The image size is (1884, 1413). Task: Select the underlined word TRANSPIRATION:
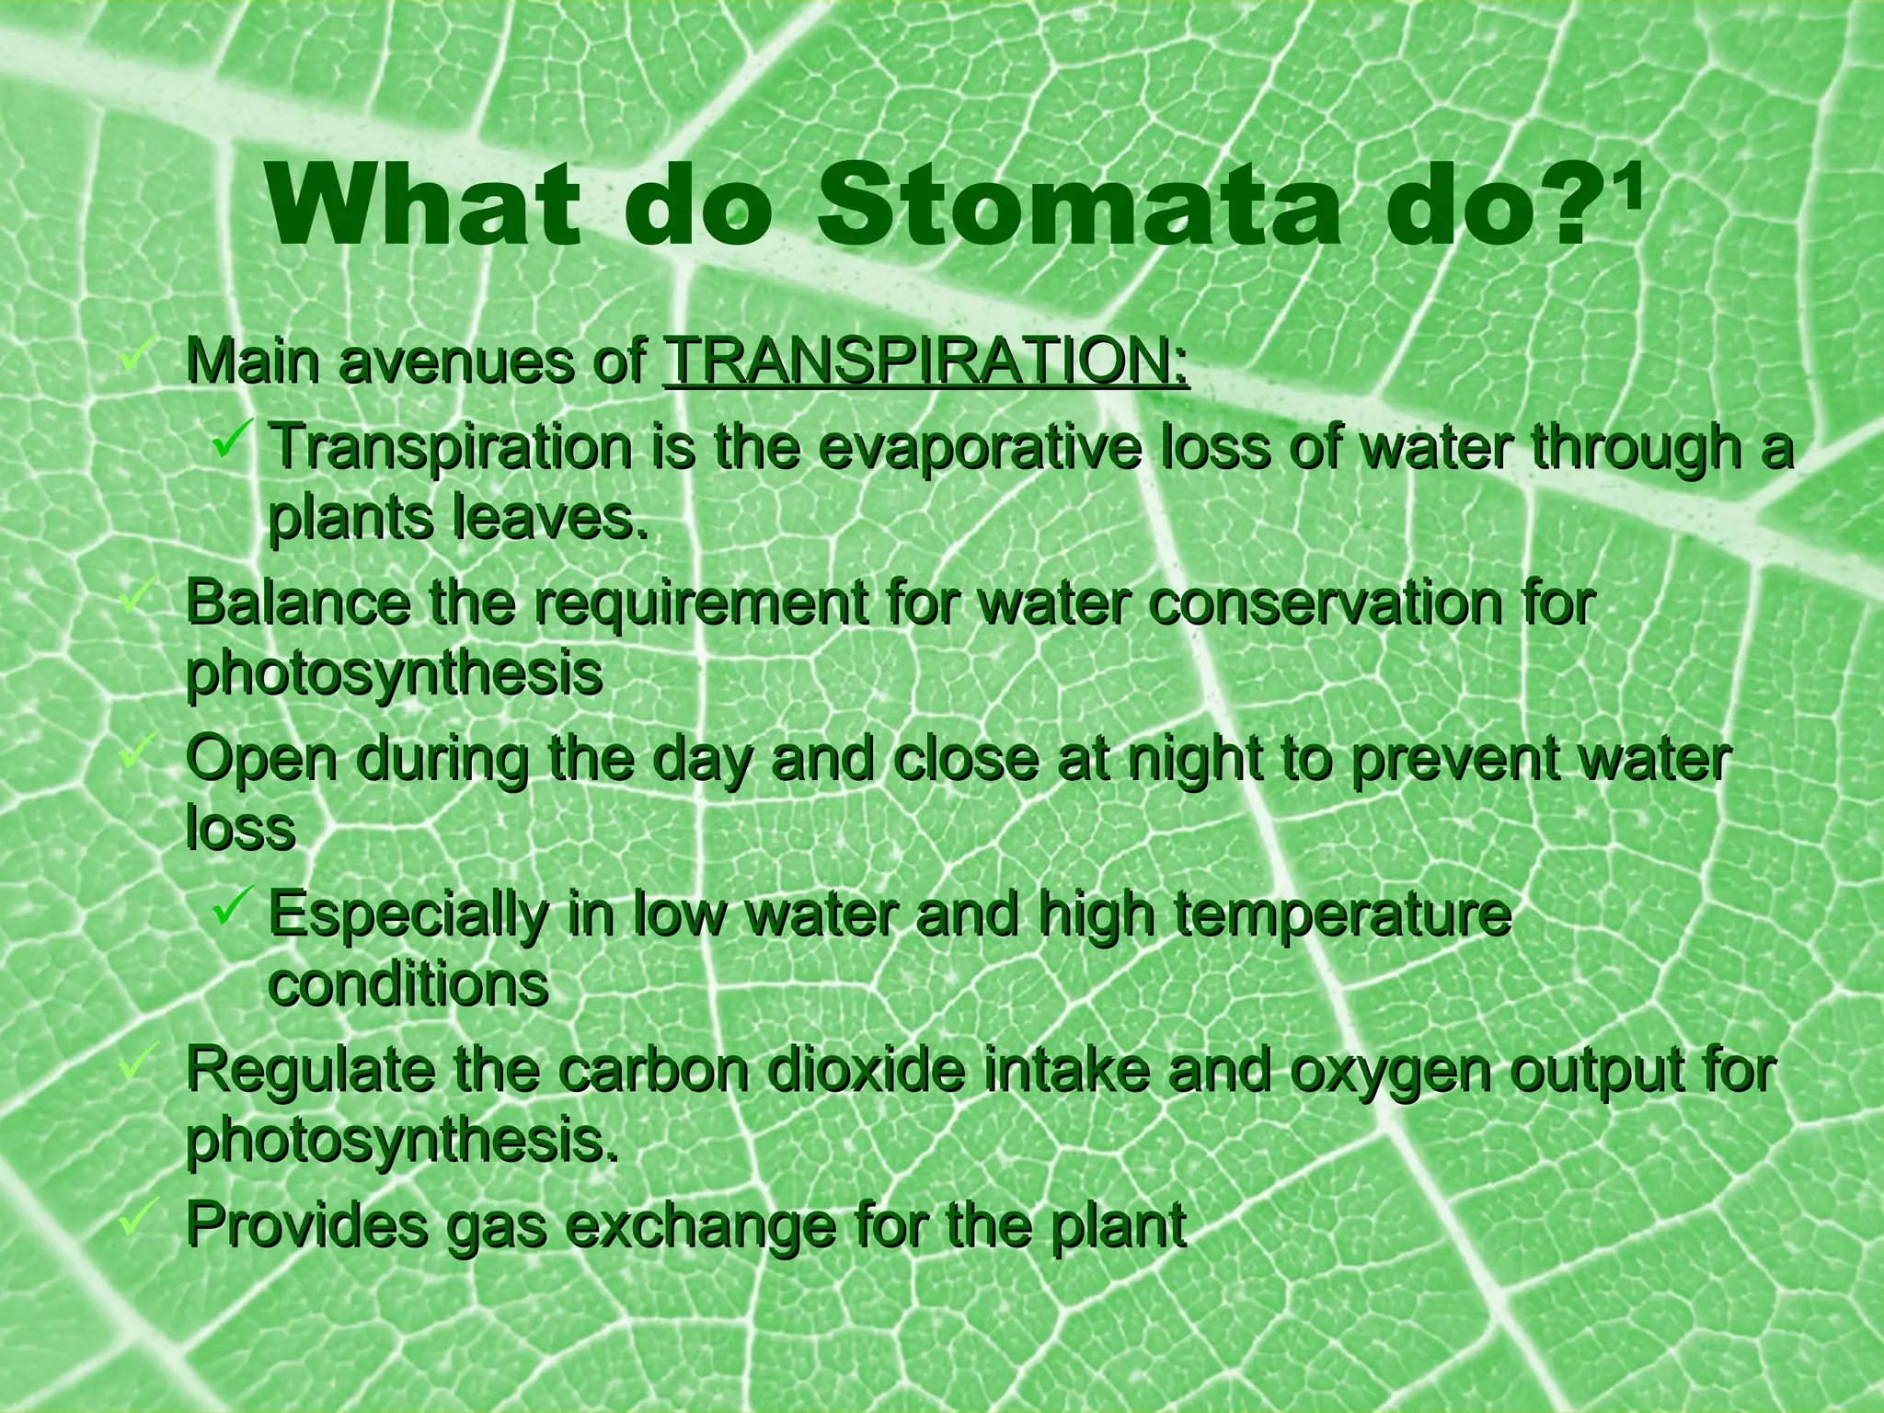coord(925,365)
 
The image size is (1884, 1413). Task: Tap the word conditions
coord(408,986)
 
